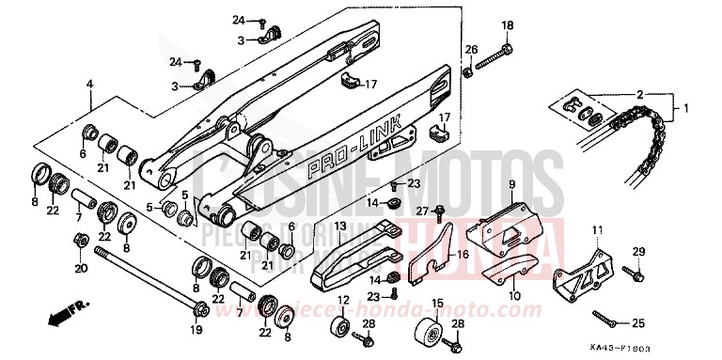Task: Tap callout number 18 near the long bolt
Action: point(507,25)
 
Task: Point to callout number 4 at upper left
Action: point(90,86)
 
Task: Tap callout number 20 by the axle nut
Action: point(79,269)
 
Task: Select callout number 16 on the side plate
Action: point(462,254)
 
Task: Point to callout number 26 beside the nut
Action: point(472,49)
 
